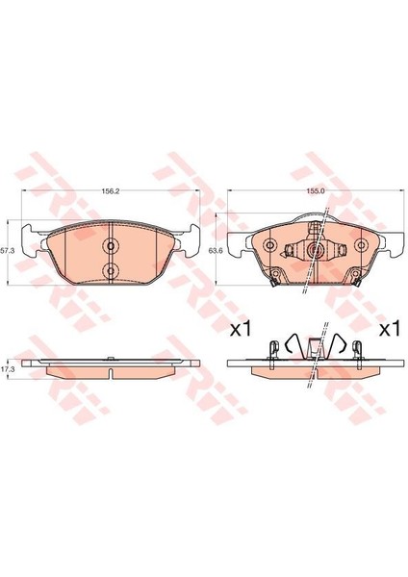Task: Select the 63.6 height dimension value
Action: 214,251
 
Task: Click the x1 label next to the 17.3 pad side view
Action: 241,328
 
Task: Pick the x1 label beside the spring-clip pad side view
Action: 390,328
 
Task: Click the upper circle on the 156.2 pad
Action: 111,246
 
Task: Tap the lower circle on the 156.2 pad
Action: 111,270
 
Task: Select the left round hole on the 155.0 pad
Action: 270,244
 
